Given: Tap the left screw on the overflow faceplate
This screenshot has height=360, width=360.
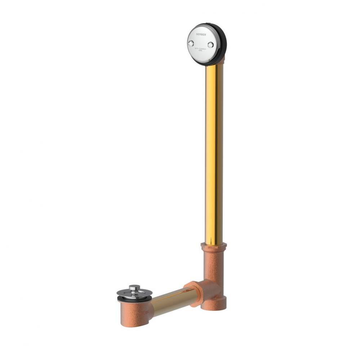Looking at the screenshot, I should click(191, 44).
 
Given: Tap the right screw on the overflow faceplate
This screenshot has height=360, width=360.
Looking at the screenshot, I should click(211, 45).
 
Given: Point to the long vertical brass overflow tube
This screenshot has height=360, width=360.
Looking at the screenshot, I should click(214, 151).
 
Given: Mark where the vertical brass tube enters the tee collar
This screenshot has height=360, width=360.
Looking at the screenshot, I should click(214, 244).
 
